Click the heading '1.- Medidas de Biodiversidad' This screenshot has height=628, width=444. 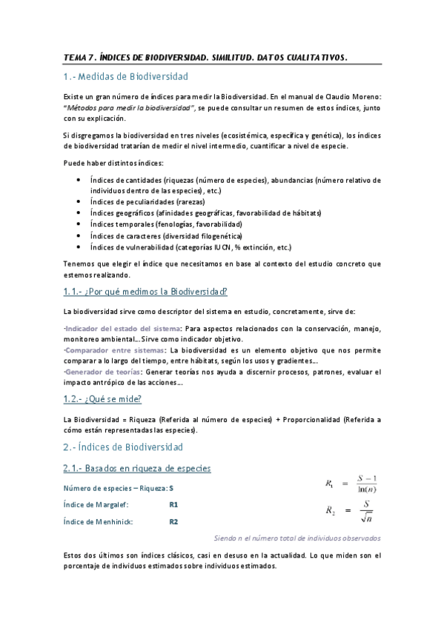click(125, 76)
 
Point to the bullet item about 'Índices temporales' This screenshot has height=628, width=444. click(176, 224)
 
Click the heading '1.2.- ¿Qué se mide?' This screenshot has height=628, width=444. click(107, 399)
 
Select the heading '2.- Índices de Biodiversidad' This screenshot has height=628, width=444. click(122, 447)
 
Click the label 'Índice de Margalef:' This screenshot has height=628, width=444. click(96, 504)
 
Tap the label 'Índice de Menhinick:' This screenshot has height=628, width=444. click(98, 521)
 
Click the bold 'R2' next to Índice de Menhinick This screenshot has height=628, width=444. click(173, 521)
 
